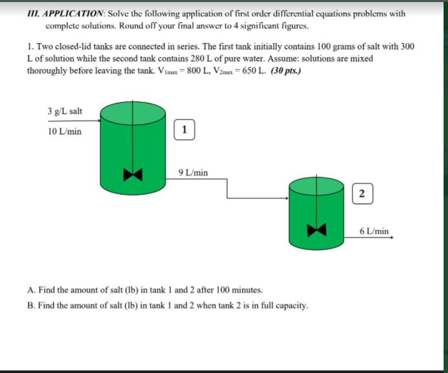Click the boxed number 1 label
[184, 130]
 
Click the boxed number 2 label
[362, 193]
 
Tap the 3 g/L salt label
[65, 111]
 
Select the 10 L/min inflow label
[65, 131]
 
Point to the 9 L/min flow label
[193, 173]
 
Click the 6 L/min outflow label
[374, 231]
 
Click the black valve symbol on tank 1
[132, 174]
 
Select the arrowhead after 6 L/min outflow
[391, 237]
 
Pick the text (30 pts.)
[286, 71]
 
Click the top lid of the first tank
[132, 112]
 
